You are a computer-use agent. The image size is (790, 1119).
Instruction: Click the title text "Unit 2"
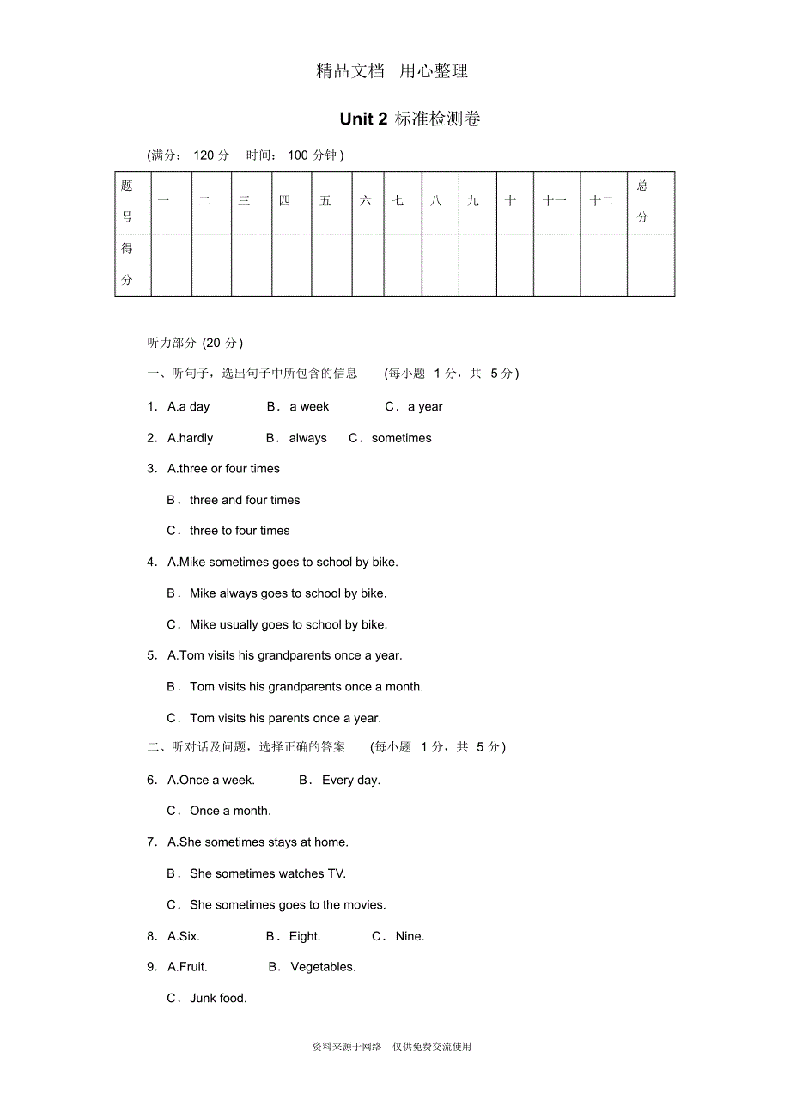(363, 119)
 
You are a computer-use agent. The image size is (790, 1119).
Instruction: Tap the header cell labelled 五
(325, 201)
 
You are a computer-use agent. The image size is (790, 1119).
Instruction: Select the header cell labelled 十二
(602, 201)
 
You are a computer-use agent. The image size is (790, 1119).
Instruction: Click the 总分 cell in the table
(642, 202)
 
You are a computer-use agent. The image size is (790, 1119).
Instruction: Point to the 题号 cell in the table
(127, 202)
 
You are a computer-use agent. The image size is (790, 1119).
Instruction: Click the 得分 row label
(127, 265)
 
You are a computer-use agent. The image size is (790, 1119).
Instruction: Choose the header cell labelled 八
(436, 201)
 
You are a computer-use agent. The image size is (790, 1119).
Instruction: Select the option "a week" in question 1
(309, 407)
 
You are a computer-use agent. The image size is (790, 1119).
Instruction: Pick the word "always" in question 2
(307, 438)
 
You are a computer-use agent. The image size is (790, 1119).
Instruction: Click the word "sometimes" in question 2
(401, 438)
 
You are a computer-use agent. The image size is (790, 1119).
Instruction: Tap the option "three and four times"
(245, 500)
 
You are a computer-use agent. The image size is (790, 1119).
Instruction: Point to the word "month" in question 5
(404, 687)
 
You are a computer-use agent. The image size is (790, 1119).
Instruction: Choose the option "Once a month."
(230, 811)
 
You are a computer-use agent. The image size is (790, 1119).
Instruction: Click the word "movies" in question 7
(363, 904)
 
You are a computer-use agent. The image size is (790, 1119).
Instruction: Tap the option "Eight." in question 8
(305, 936)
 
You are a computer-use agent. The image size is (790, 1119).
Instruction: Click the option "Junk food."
(218, 998)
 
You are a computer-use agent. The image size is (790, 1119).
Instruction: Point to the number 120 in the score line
(204, 155)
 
